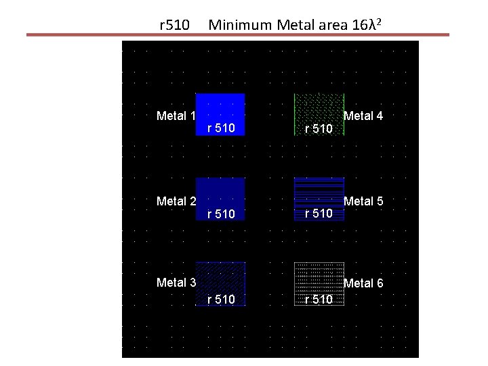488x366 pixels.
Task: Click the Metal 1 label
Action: coord(176,116)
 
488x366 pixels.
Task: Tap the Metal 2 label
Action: coord(176,201)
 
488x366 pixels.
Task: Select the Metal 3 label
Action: coord(176,283)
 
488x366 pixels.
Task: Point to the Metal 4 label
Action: coord(363,116)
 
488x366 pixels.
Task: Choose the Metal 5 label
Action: coord(363,201)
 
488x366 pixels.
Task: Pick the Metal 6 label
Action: coord(363,283)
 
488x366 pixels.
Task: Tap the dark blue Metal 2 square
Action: coord(220,192)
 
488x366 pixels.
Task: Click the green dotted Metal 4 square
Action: coord(319,108)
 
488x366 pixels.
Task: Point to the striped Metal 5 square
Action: coord(319,192)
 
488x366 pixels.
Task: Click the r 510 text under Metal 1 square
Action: coord(221,127)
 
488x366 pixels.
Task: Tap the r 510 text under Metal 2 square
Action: coord(221,214)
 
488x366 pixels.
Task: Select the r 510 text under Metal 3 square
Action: coord(221,299)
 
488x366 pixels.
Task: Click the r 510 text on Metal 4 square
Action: coord(319,128)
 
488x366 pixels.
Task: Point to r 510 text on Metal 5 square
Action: coord(319,213)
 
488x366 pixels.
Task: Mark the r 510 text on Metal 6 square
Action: coord(319,300)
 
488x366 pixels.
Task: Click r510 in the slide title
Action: coord(174,26)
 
